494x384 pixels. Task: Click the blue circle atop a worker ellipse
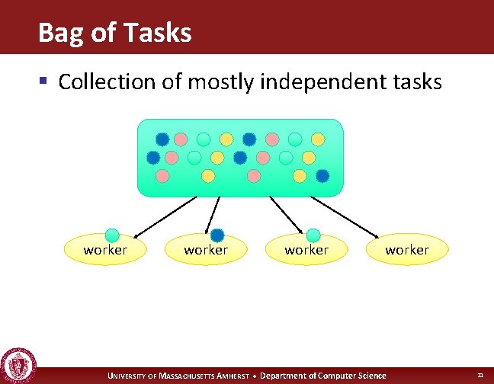(x=217, y=235)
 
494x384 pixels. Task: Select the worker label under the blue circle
(x=206, y=250)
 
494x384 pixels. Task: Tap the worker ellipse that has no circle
(x=407, y=250)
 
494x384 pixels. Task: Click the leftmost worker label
(x=105, y=250)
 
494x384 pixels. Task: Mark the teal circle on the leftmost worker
(x=112, y=235)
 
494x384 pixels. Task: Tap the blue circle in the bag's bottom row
(x=322, y=176)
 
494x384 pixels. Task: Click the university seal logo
(x=18, y=365)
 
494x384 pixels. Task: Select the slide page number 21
(x=480, y=376)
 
